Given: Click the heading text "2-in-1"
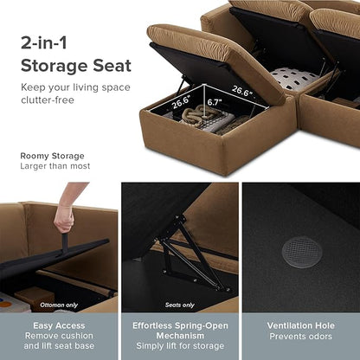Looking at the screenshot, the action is click(x=44, y=42).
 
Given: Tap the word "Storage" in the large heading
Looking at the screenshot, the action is click(x=55, y=67).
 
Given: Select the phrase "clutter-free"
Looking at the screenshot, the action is click(x=48, y=100).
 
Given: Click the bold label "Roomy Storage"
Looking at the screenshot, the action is click(x=52, y=156).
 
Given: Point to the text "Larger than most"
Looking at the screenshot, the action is click(x=55, y=166).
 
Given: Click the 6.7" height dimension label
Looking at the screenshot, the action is click(x=215, y=102).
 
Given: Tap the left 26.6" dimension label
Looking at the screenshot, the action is click(x=182, y=102).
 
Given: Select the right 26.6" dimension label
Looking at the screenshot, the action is click(x=242, y=91).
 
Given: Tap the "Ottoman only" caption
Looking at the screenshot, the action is click(x=59, y=305).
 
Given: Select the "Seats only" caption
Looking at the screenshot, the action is click(x=180, y=305).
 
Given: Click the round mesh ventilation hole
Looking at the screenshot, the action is click(x=301, y=253).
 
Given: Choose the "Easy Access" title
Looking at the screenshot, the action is click(x=59, y=325).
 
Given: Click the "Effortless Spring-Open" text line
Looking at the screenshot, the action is click(x=180, y=325).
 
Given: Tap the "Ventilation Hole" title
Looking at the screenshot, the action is click(x=301, y=325).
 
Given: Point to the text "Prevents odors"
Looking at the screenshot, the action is click(x=301, y=337).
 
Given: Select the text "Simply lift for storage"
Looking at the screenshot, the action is click(x=180, y=346).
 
